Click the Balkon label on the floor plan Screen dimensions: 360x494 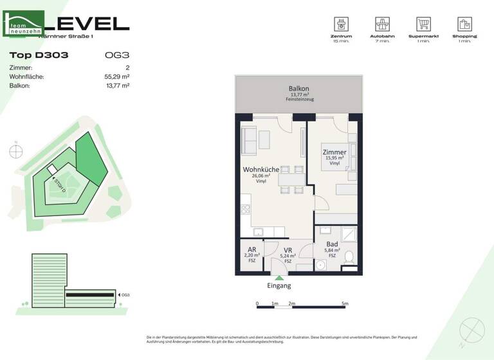click(x=298, y=89)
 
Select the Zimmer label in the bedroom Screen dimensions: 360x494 click(x=334, y=152)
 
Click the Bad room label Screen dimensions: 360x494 click(x=332, y=244)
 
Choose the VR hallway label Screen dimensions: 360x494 click(x=288, y=250)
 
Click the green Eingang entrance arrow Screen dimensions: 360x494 click(x=279, y=277)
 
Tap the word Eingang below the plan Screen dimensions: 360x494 click(x=279, y=285)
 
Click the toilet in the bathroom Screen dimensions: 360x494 click(x=349, y=258)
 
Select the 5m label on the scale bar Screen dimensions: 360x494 click(x=345, y=303)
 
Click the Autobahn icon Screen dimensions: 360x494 click(x=383, y=24)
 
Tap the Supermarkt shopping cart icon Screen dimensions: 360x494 click(x=423, y=24)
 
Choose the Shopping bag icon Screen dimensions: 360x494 click(x=464, y=24)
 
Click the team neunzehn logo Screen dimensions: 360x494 click(x=24, y=24)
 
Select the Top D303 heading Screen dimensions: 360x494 click(x=39, y=55)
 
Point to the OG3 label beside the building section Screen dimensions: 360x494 click(x=125, y=295)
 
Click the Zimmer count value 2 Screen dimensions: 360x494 click(x=127, y=67)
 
